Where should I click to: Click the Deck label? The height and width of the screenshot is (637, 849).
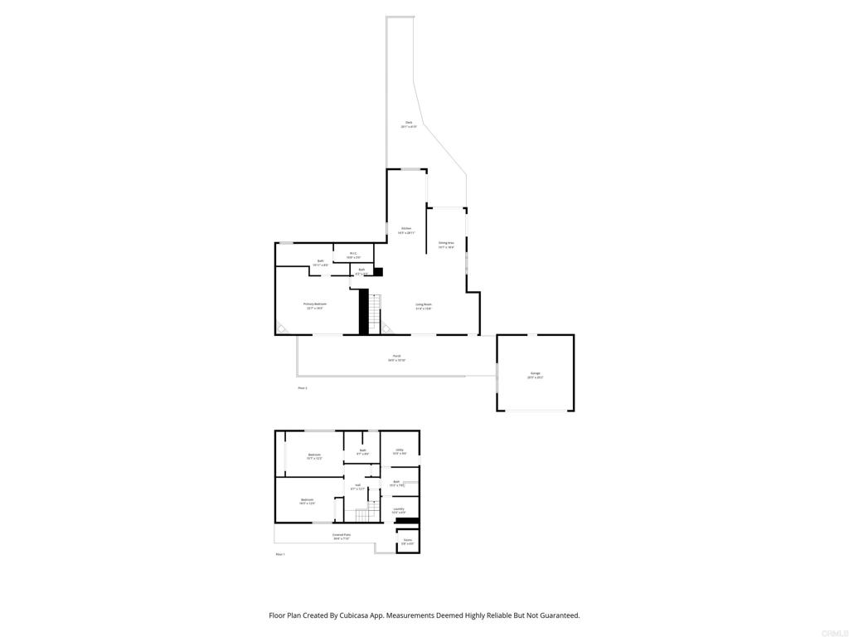409,124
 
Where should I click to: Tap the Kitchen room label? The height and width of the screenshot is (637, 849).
406,230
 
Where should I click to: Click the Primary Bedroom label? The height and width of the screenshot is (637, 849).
315,305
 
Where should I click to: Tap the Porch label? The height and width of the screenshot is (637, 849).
396,358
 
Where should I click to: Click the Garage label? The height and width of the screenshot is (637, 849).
535,375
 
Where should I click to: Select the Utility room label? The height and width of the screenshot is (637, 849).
399,451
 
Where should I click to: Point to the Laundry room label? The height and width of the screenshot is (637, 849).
399,510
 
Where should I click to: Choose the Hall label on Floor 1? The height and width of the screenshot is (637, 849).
357,487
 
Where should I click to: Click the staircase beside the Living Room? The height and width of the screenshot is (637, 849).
375,314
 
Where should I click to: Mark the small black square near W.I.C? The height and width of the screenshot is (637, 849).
378,270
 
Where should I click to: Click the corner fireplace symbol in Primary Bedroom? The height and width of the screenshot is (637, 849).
282,329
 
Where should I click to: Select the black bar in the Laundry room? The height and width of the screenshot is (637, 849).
407,521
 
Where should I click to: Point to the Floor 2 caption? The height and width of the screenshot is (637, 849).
302,387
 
